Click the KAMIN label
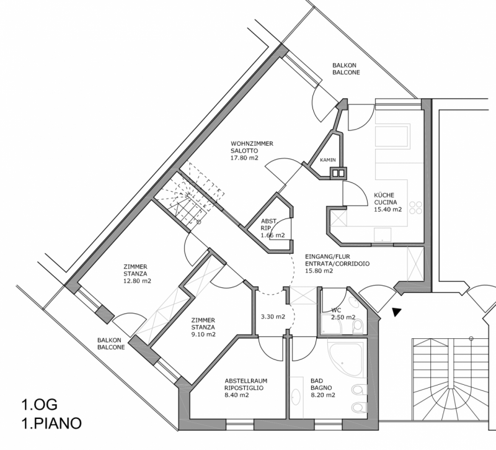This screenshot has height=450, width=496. (328, 160)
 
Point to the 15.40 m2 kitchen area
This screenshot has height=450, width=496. (387, 209)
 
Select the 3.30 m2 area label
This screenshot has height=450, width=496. (272, 317)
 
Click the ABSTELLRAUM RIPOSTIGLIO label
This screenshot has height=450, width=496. (246, 383)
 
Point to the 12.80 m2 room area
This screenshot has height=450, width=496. (138, 281)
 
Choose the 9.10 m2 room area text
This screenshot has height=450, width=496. (202, 335)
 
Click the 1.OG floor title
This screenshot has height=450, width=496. (38, 405)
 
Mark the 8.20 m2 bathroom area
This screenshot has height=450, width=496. (322, 395)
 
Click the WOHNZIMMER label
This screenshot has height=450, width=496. (252, 143)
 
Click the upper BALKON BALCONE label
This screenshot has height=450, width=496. (346, 68)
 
